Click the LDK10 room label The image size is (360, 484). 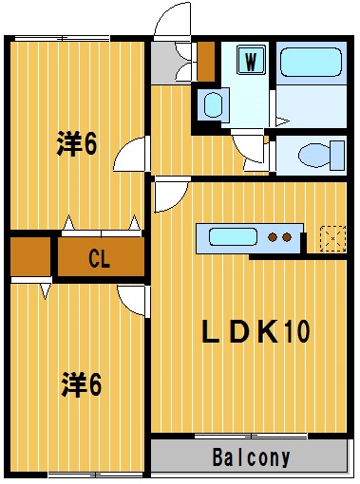click(x=256, y=331)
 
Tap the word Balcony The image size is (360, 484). click(x=251, y=457)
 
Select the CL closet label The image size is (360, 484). click(x=100, y=257)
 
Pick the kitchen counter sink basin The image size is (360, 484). click(x=229, y=237)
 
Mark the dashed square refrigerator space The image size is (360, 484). click(x=332, y=237)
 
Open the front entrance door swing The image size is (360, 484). click(x=173, y=21)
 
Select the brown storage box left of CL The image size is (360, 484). click(x=30, y=256)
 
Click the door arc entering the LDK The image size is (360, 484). click(x=170, y=195)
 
